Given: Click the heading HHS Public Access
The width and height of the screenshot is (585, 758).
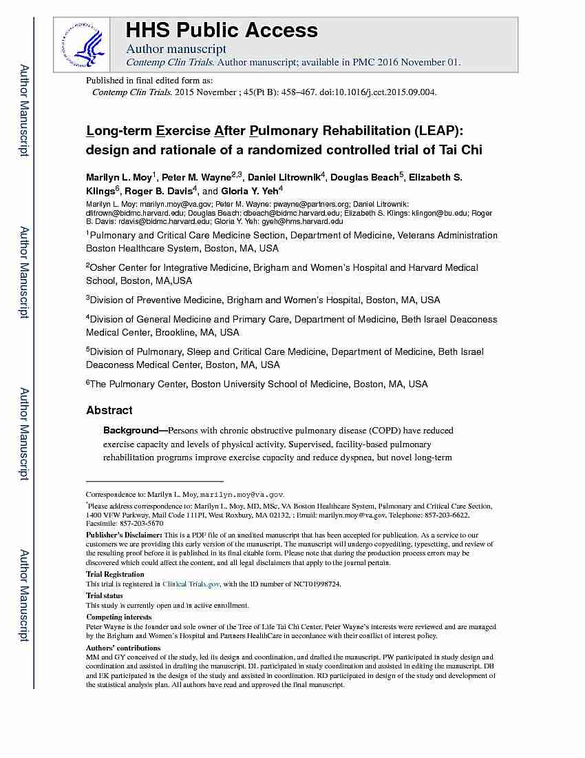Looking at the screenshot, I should click(221, 30).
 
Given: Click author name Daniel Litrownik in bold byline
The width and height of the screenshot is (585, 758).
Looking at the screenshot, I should click(284, 178).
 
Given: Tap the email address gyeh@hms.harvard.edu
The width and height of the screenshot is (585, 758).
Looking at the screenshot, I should click(308, 221).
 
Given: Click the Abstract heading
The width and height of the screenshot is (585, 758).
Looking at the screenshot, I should click(109, 410).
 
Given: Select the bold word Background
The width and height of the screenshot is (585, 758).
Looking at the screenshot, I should click(131, 430).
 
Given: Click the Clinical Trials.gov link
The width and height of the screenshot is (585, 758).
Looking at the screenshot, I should click(191, 584).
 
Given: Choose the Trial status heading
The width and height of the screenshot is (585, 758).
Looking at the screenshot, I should click(105, 595).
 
